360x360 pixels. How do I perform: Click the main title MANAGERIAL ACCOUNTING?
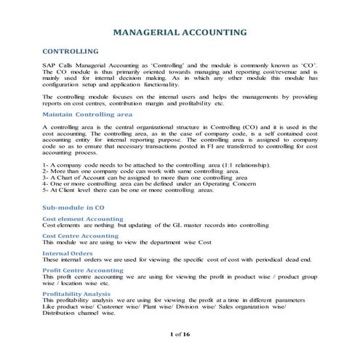tap(180, 32)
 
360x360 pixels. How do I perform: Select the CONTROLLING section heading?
tap(71, 52)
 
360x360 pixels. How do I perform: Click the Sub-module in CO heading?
tap(73, 208)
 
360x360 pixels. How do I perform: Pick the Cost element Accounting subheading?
tap(82, 219)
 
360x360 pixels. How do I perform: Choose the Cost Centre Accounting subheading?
tap(81, 236)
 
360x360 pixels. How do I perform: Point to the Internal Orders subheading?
tap(68, 253)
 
